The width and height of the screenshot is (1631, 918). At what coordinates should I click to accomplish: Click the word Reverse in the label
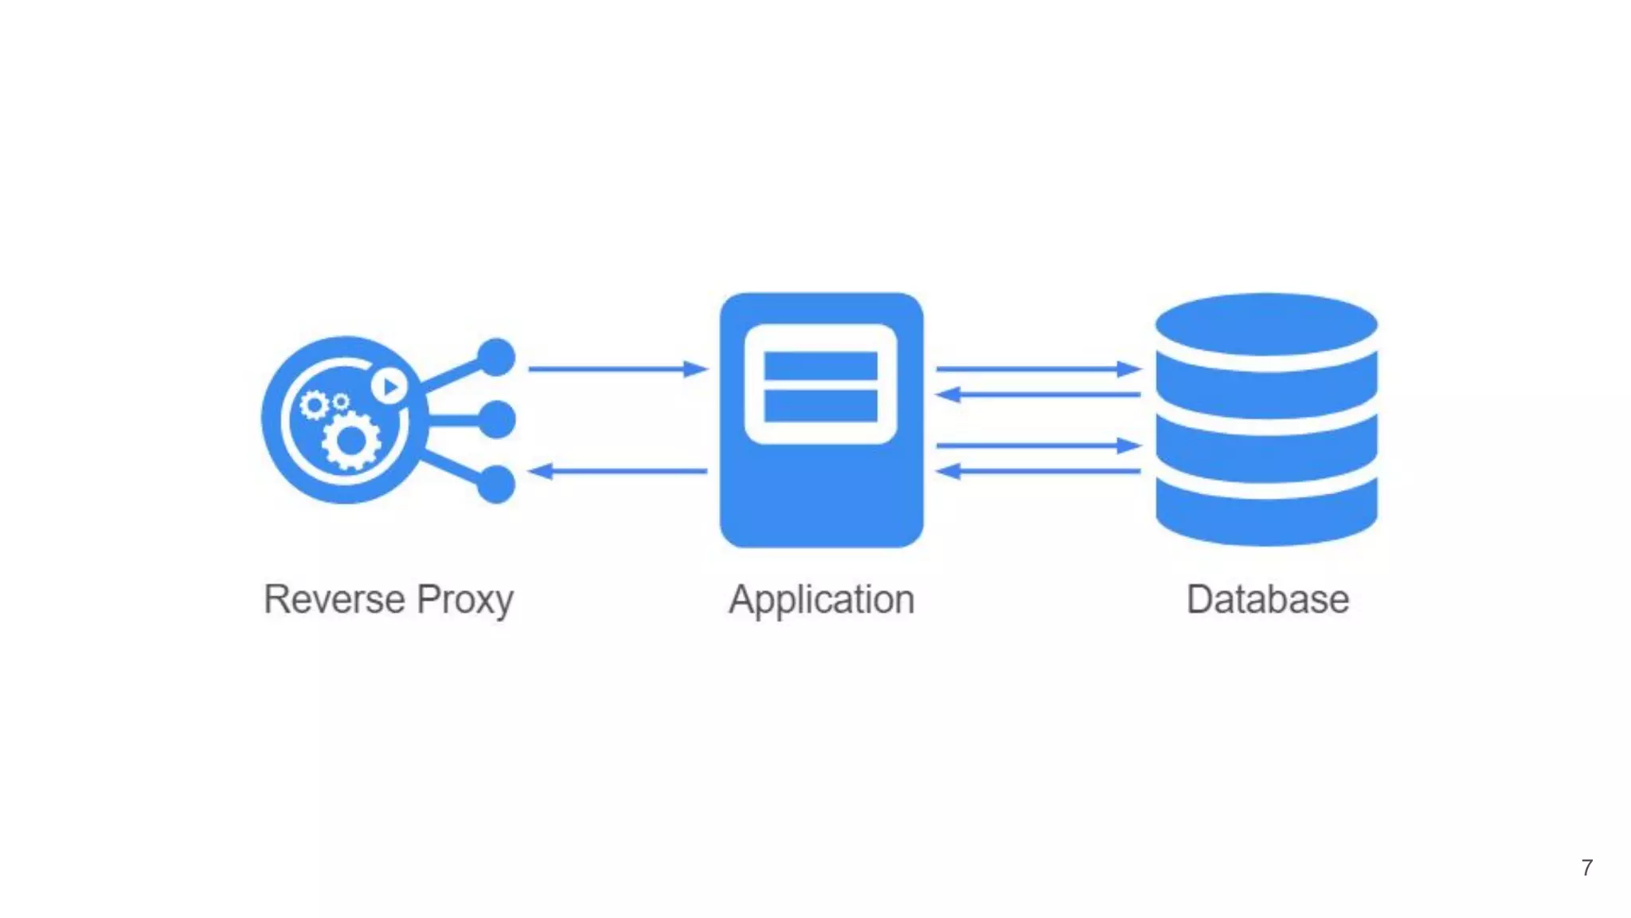point(334,599)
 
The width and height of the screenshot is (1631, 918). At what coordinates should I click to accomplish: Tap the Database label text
point(1267,599)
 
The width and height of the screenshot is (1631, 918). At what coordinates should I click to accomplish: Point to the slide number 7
point(1586,868)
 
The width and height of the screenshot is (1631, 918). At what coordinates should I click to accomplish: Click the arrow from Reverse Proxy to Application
point(617,369)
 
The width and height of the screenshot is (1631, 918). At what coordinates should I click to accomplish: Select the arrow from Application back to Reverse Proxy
point(617,471)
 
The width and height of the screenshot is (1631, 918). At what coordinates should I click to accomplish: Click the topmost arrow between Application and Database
point(1038,369)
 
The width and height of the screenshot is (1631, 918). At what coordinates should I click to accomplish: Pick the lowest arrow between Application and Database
point(1038,471)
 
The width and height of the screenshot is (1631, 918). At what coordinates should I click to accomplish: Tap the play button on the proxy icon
point(389,387)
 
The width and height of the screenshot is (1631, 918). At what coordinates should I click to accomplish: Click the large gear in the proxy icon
point(350,440)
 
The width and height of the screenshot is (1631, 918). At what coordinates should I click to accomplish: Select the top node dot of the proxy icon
point(497,357)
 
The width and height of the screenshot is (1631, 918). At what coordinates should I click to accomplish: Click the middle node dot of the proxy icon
point(497,419)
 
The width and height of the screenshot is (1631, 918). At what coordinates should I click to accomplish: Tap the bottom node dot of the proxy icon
point(497,484)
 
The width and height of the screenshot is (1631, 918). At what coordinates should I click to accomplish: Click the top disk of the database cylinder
point(1266,325)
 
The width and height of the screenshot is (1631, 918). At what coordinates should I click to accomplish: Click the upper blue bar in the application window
point(820,366)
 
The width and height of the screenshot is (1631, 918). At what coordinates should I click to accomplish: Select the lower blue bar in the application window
point(820,405)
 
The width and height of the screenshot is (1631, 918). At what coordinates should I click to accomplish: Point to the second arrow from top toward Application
point(1038,394)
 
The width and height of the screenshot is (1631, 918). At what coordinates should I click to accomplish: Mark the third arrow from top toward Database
point(1038,445)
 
